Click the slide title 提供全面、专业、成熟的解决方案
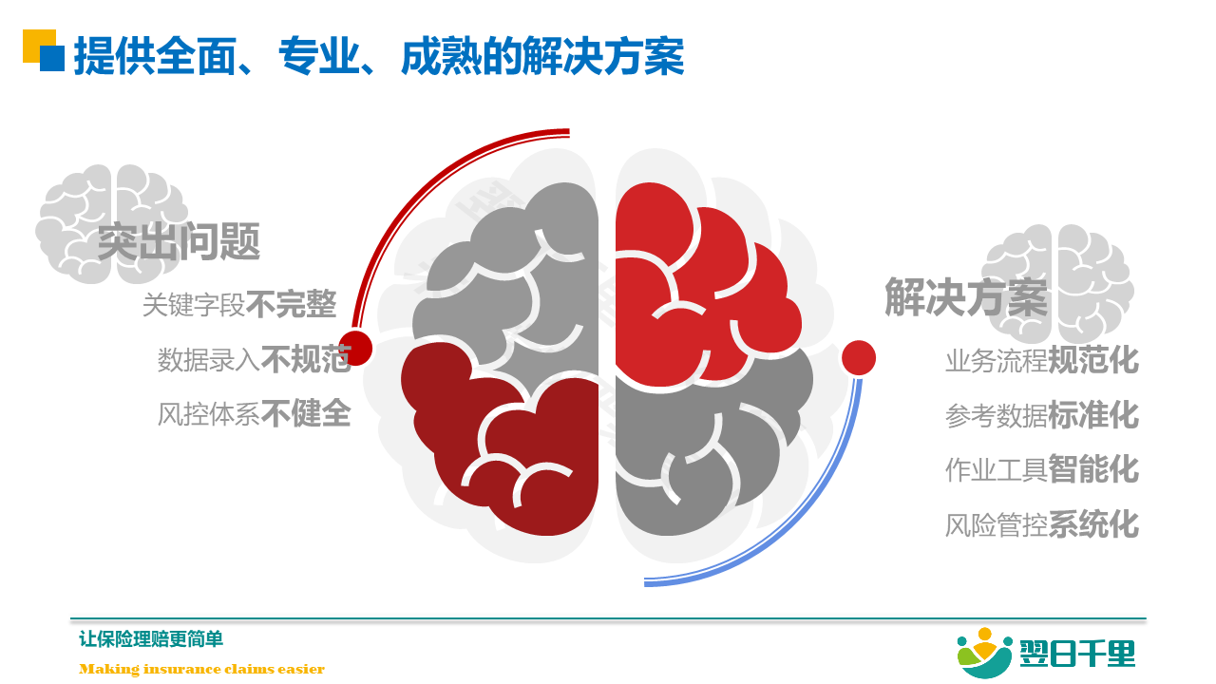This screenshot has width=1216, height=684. tap(379, 55)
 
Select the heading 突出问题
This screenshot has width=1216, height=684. tap(179, 241)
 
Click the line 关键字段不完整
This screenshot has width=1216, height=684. tap(239, 304)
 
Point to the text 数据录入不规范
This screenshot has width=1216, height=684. tap(254, 359)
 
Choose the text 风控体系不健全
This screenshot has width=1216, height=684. tap(254, 413)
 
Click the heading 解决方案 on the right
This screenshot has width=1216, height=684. tap(966, 296)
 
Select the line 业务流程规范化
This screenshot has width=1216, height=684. tap(1042, 359)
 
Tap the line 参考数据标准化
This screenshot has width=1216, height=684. tap(1042, 415)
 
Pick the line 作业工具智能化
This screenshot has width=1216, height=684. tap(1042, 469)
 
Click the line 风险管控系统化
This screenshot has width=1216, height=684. tap(1042, 524)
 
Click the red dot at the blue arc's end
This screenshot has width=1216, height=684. tap(859, 358)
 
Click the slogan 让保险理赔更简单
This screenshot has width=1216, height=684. tap(151, 639)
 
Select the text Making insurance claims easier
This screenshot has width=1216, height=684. tap(202, 669)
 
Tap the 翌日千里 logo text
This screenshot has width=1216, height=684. tap(1077, 653)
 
